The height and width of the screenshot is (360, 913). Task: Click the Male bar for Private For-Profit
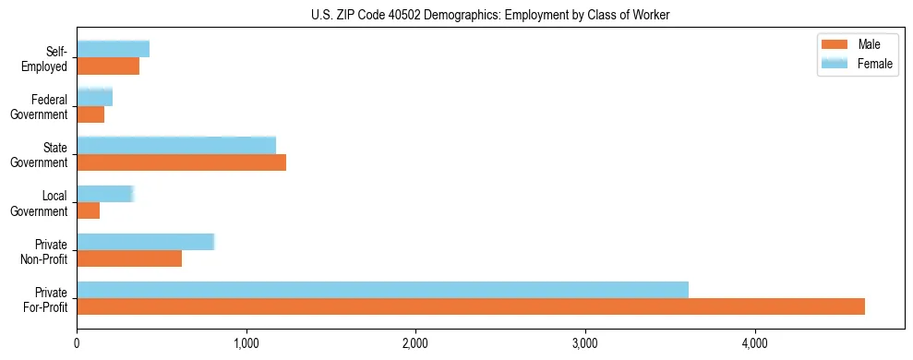(471, 306)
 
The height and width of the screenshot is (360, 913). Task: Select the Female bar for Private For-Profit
(382, 290)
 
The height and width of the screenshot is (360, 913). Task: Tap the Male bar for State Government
(181, 162)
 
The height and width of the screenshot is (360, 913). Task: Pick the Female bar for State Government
(176, 145)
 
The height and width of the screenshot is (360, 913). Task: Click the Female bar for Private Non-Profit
(145, 242)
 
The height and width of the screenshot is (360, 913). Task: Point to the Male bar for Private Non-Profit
(129, 258)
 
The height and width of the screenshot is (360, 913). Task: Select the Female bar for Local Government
(105, 194)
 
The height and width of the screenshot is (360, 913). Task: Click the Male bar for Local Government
(89, 210)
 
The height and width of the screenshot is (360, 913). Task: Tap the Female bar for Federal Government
(95, 97)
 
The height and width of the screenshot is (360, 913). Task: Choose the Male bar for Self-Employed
(108, 66)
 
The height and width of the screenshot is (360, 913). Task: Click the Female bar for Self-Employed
(114, 49)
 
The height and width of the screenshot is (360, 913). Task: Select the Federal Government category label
(39, 107)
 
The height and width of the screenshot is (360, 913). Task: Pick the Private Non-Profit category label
(45, 251)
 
